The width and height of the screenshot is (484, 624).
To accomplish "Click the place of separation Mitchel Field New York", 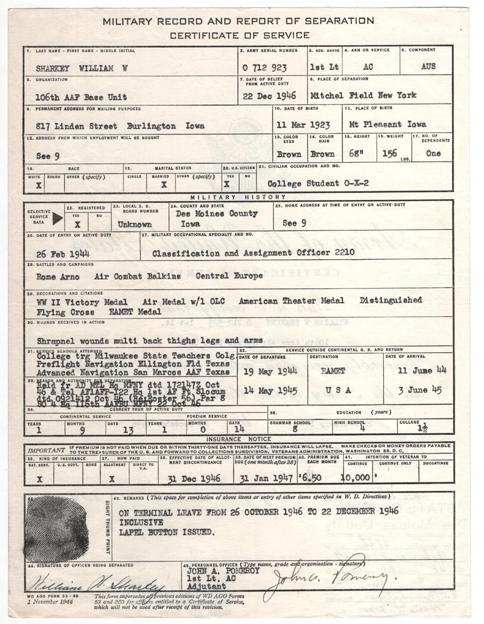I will (x=363, y=96).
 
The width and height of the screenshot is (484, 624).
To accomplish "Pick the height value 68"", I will (x=360, y=154).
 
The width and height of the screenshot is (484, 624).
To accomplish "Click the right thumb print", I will (x=56, y=528).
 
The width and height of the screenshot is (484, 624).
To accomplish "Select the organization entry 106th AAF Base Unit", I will (x=82, y=97).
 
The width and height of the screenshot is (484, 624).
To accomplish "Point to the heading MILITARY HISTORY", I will (x=238, y=196).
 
